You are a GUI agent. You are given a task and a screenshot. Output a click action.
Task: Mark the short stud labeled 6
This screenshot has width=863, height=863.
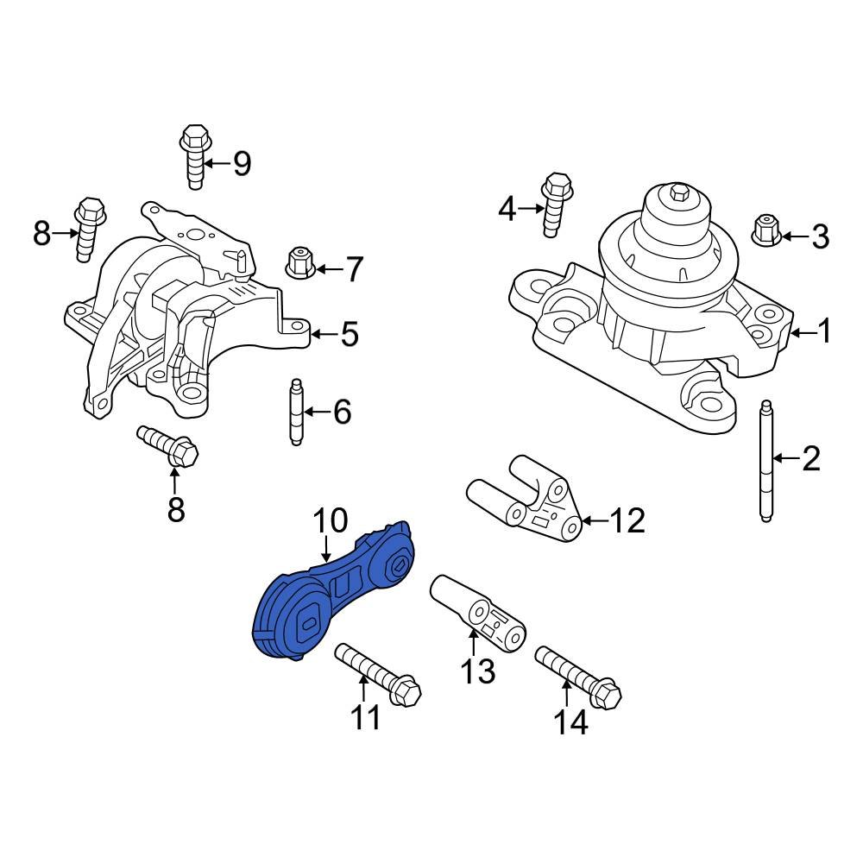pos(296,413)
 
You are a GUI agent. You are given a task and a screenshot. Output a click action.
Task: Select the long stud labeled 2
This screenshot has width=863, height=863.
pos(765,462)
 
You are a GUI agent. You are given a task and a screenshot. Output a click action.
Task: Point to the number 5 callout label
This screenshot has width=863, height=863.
pos(349,335)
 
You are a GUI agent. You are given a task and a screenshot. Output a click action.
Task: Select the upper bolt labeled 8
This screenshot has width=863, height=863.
pos(89,229)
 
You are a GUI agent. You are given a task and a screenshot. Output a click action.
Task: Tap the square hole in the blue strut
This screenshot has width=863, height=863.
pos(308,620)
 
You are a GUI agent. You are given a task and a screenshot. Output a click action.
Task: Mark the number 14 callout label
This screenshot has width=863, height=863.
pos(570,721)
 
